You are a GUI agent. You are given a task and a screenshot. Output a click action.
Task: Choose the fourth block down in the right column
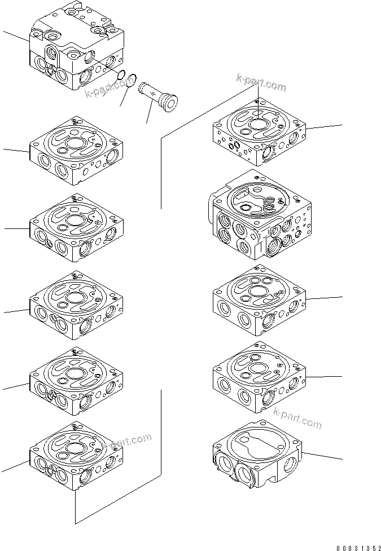[x=259, y=377]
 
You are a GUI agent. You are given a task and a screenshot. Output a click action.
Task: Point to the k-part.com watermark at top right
[x=261, y=83]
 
